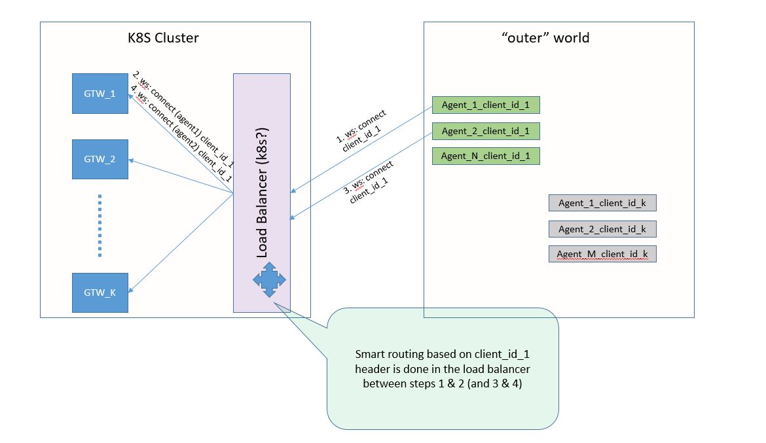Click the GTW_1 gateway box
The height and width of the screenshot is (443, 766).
100,94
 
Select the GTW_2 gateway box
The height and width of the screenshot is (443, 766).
100,159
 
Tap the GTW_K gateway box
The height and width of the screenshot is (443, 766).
100,292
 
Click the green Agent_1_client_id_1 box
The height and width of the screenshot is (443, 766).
486,105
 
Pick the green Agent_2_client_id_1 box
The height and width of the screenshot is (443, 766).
486,131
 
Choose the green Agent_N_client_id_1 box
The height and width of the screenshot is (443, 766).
486,156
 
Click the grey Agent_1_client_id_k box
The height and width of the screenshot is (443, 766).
602,203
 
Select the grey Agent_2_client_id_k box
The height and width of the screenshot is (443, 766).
602,229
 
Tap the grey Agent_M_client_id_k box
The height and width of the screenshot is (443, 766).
602,254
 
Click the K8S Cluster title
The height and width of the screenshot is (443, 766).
163,38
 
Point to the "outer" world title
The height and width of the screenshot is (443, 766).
545,38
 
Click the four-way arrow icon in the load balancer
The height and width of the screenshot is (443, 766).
269,280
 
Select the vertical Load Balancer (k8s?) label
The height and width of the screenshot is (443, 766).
263,193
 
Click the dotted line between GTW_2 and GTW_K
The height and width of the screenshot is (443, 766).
100,226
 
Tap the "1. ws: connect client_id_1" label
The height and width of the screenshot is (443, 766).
361,131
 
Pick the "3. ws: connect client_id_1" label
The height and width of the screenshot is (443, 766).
369,182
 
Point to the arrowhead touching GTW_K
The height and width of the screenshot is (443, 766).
131,289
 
